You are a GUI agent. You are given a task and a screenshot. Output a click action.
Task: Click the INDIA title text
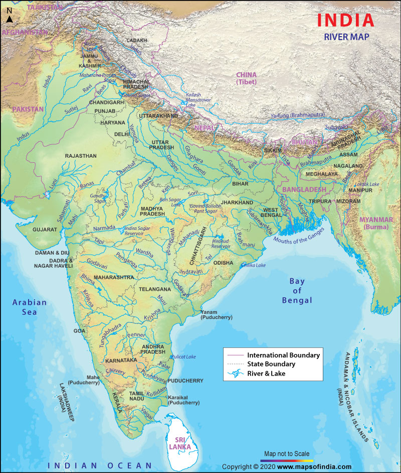click(x=345, y=20)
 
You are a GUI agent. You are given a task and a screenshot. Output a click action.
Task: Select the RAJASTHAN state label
click(x=80, y=156)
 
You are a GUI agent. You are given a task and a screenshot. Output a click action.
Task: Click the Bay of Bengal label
click(x=300, y=291)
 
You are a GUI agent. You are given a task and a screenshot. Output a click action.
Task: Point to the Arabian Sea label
click(x=30, y=307)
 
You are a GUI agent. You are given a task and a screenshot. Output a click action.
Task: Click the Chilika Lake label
click(x=254, y=265)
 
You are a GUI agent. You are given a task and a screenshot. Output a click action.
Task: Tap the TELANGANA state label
click(x=155, y=290)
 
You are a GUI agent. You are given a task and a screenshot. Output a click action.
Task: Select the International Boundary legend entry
click(x=283, y=355)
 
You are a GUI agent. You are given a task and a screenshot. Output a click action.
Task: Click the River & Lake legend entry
click(x=266, y=373)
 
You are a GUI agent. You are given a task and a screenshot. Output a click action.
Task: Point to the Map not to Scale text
click(x=287, y=453)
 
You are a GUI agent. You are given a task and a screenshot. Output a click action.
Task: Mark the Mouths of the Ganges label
click(x=299, y=235)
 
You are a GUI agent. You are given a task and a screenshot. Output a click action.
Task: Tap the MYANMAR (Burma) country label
click(x=376, y=223)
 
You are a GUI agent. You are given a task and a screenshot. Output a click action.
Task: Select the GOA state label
click(x=80, y=331)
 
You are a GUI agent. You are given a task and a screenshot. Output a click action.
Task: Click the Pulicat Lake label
click(x=183, y=357)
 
